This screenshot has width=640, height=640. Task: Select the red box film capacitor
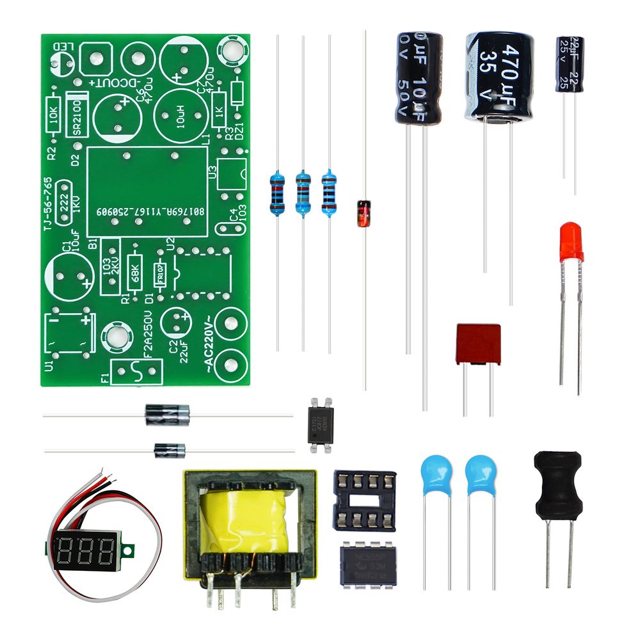[x=478, y=344]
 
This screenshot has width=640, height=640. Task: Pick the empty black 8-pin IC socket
[x=365, y=500]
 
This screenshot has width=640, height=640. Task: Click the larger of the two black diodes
[x=168, y=414]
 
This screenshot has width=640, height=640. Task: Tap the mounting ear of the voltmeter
[x=132, y=549]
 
